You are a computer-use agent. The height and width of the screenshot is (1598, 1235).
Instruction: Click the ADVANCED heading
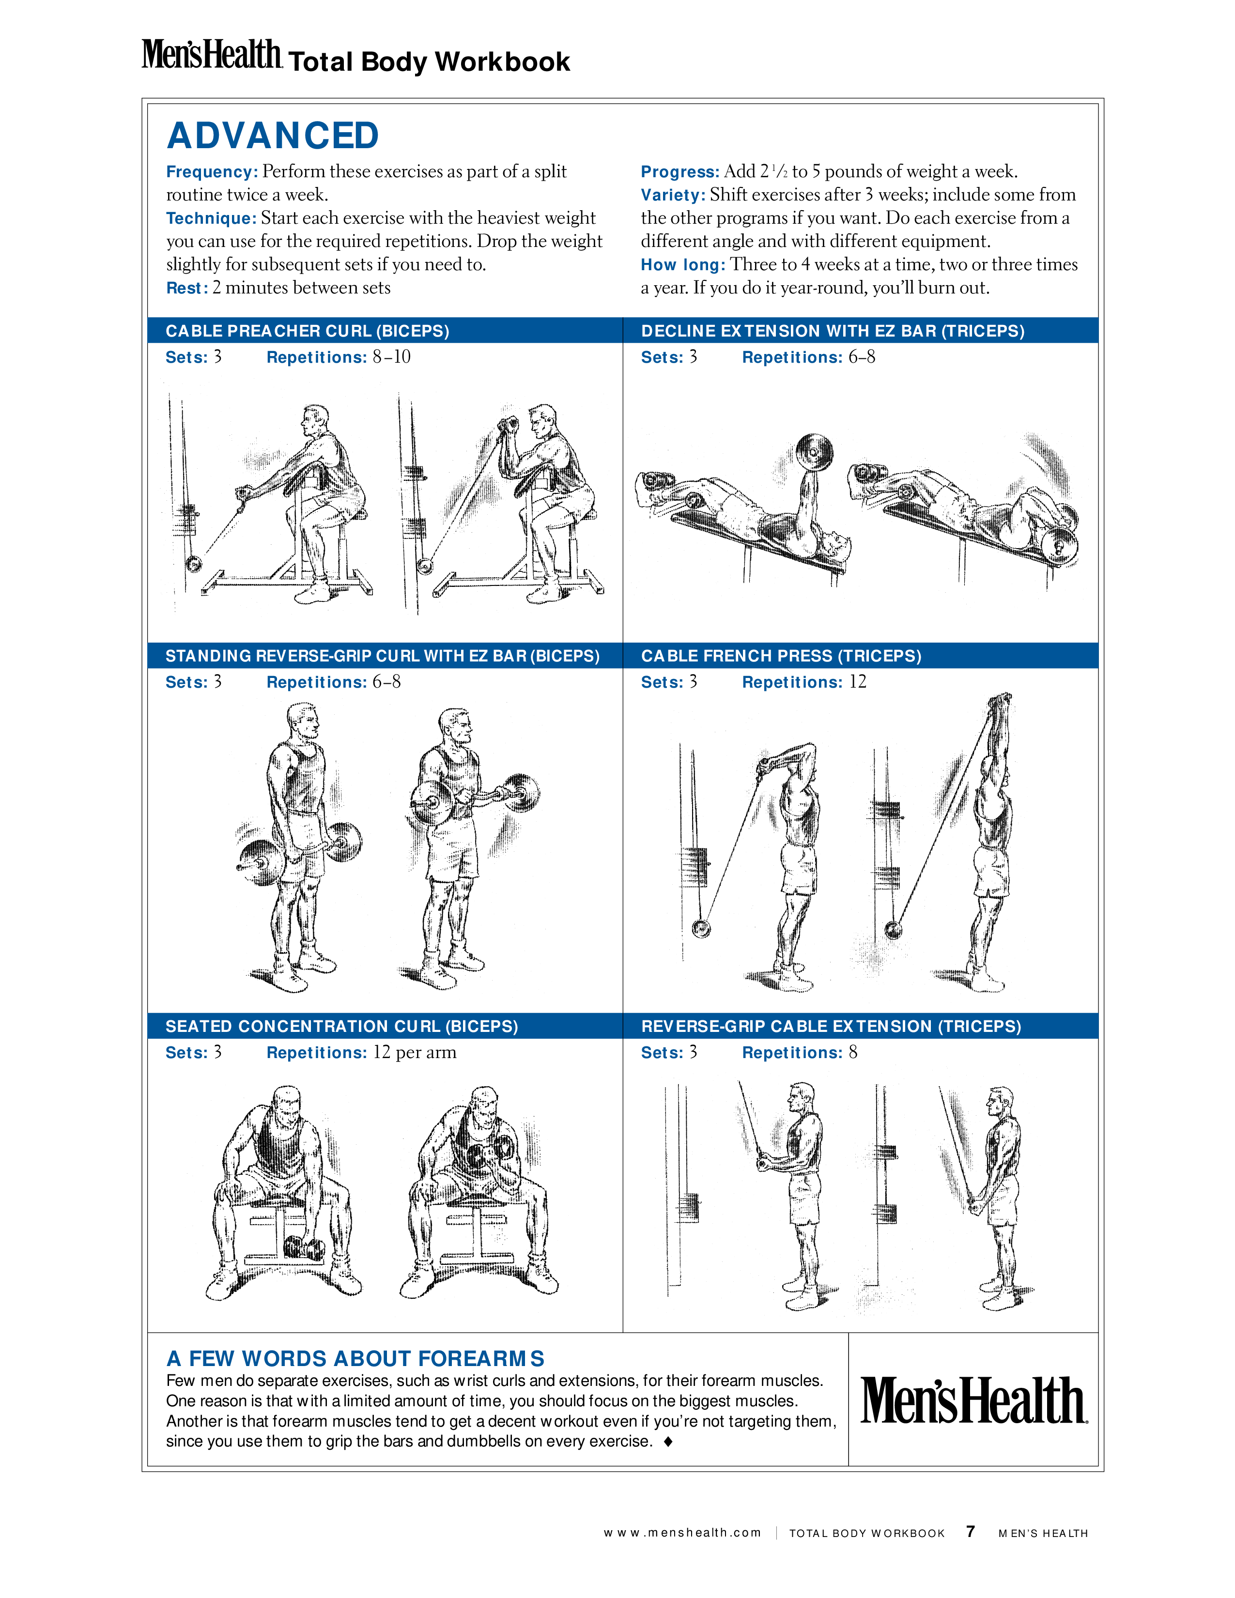273,136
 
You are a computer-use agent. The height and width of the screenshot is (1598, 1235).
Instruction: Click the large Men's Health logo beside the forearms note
974,1400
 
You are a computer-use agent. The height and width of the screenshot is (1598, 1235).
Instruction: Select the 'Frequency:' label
212,172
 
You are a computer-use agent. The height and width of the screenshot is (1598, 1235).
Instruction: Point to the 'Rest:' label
187,288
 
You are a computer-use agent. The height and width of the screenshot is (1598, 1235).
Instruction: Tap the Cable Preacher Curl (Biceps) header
307,331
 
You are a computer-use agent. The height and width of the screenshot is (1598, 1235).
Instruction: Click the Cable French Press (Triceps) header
781,656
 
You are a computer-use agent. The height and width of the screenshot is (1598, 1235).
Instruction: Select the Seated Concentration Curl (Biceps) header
341,1026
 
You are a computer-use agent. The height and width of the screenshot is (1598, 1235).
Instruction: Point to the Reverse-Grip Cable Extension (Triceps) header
831,1026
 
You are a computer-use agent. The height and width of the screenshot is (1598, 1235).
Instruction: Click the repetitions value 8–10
391,357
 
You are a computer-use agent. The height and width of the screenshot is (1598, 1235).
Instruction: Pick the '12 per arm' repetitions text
415,1053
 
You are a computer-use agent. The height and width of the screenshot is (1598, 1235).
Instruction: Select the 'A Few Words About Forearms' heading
355,1359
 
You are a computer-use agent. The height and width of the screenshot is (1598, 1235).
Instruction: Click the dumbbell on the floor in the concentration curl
304,1248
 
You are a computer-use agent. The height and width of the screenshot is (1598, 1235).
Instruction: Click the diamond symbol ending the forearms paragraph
667,1442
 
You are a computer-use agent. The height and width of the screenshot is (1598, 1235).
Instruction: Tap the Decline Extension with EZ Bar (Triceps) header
833,331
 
